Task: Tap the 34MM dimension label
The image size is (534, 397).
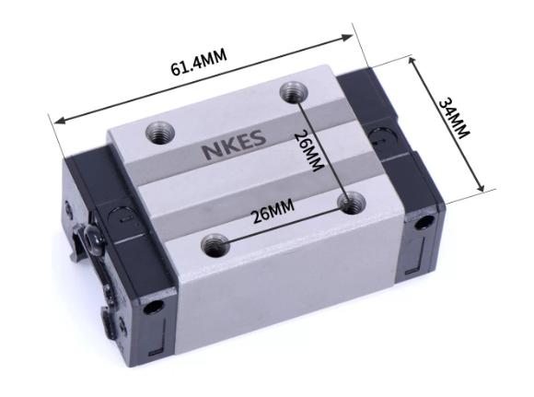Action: (x=454, y=118)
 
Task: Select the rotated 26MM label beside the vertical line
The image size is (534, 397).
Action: (x=308, y=151)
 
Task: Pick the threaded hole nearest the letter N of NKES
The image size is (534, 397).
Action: (x=160, y=133)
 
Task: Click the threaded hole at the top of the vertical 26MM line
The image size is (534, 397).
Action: (x=294, y=92)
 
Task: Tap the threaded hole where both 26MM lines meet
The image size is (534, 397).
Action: (x=351, y=203)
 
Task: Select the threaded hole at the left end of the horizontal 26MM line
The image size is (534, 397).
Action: (x=215, y=245)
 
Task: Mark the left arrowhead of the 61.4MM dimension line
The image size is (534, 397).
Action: (x=60, y=121)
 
